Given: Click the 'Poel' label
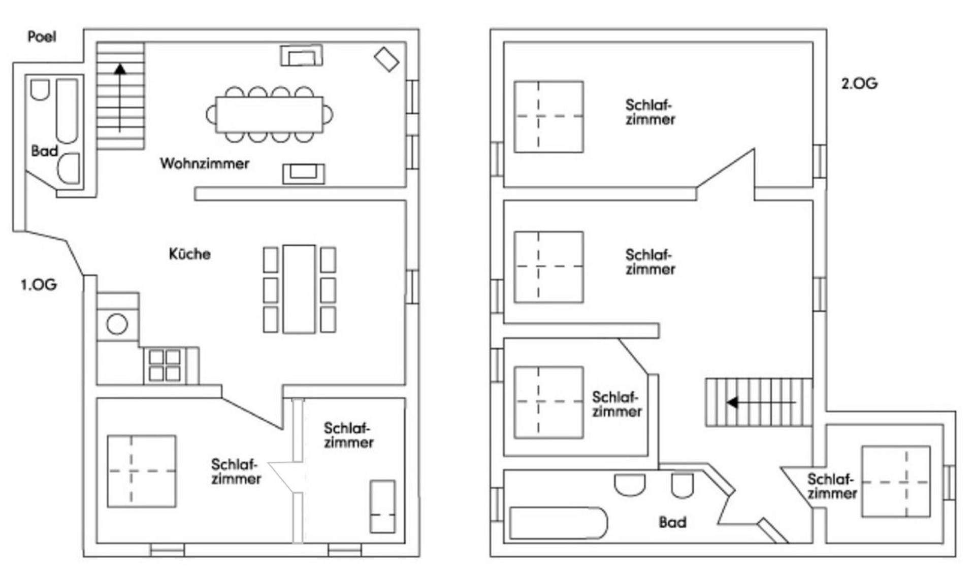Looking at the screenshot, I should [42, 37].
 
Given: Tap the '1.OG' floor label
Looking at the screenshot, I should [39, 285].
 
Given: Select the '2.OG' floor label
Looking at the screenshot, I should [859, 84].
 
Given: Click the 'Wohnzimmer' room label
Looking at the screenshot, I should [204, 163].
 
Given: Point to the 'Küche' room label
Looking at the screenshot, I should [189, 254].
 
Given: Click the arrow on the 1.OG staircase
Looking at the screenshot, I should [120, 96].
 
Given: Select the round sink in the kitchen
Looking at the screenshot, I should [117, 324].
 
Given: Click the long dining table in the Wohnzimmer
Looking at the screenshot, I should [269, 115].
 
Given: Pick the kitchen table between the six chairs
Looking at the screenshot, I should [299, 289].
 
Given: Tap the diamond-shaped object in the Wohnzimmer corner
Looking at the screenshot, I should [386, 59].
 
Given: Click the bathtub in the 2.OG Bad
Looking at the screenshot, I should [558, 523].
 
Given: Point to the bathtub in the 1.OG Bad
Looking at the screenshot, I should [67, 111].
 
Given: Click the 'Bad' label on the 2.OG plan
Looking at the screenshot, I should [672, 522].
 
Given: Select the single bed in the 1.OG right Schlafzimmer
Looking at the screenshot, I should [382, 506].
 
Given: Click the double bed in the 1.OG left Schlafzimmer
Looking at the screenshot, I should [142, 471].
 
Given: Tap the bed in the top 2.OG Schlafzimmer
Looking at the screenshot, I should [548, 117].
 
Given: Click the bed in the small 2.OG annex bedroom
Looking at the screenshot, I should [896, 482].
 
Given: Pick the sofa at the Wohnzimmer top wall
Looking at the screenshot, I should [302, 56].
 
